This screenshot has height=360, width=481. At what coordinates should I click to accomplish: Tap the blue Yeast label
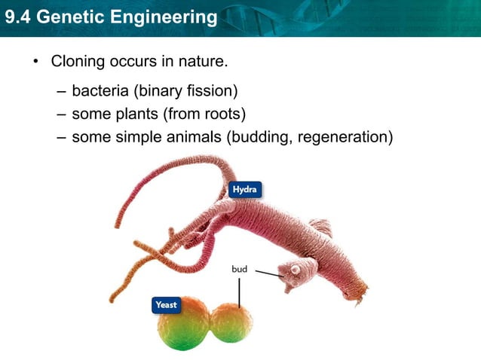tap(166, 305)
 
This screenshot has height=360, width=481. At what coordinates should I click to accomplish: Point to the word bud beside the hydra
tap(239, 269)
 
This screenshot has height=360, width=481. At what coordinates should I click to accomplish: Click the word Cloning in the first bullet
tap(79, 59)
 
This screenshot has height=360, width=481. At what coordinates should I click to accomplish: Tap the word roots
tap(222, 114)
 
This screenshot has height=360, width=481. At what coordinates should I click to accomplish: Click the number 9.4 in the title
tap(17, 16)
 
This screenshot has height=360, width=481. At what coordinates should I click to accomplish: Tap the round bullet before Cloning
tap(35, 60)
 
